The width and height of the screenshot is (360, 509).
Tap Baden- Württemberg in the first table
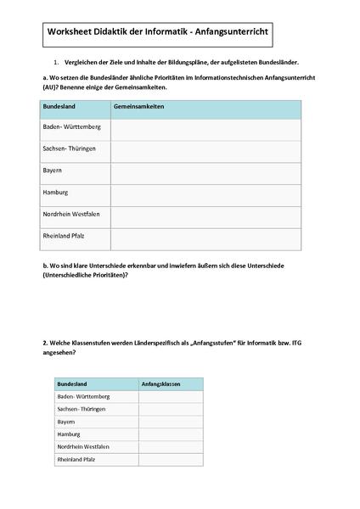(x=71, y=127)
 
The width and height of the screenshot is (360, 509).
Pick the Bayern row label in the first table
(x=52, y=171)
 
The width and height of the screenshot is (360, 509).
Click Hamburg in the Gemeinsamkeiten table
(x=54, y=193)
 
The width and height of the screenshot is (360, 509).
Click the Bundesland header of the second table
(x=72, y=383)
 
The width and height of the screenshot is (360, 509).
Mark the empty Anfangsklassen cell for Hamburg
(x=170, y=433)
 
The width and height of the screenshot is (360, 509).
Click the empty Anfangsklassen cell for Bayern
(x=170, y=422)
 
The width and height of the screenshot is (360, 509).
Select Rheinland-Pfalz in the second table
(x=76, y=459)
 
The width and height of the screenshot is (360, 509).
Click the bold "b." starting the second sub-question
(x=44, y=266)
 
